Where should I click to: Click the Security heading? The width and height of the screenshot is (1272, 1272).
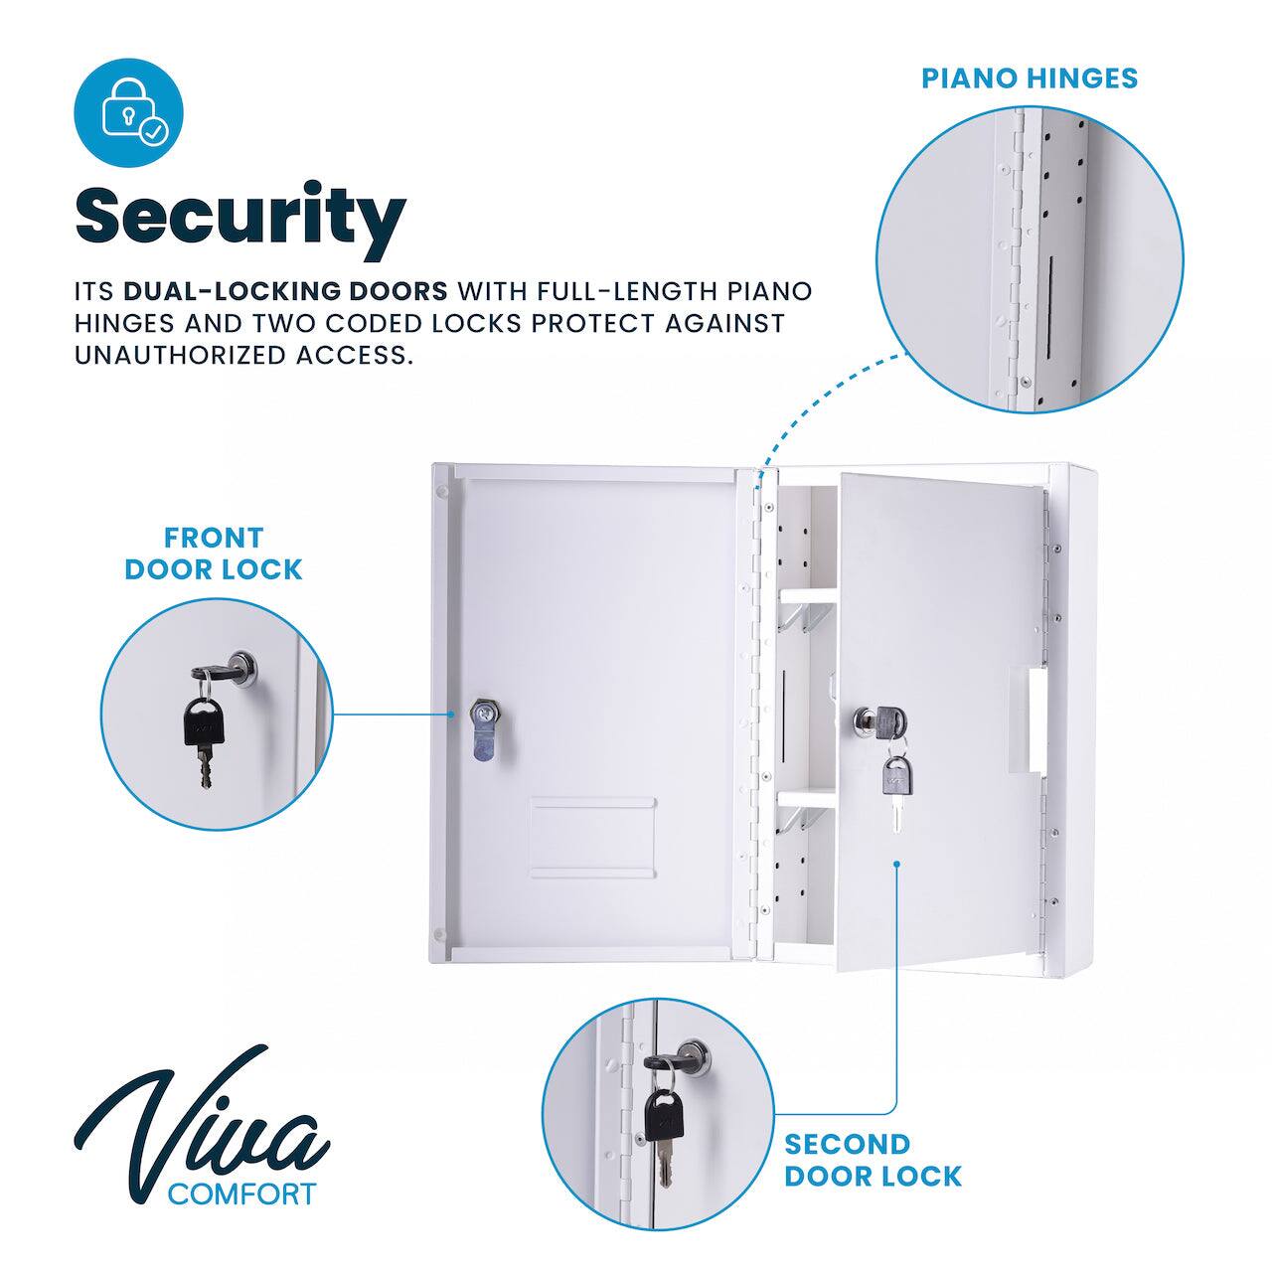[x=240, y=217]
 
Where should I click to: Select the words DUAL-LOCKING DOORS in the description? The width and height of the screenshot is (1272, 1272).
[x=285, y=291]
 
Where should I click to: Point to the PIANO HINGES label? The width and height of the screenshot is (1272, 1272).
[x=1030, y=79]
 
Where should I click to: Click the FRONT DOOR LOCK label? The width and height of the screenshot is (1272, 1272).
[x=214, y=554]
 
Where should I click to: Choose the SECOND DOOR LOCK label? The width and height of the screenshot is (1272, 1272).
[x=873, y=1160]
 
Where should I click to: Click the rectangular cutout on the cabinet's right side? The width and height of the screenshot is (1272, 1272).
[x=1028, y=718]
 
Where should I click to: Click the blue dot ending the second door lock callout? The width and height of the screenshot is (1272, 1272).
[x=896, y=865]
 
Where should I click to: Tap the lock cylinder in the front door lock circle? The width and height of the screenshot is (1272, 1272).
[x=240, y=664]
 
